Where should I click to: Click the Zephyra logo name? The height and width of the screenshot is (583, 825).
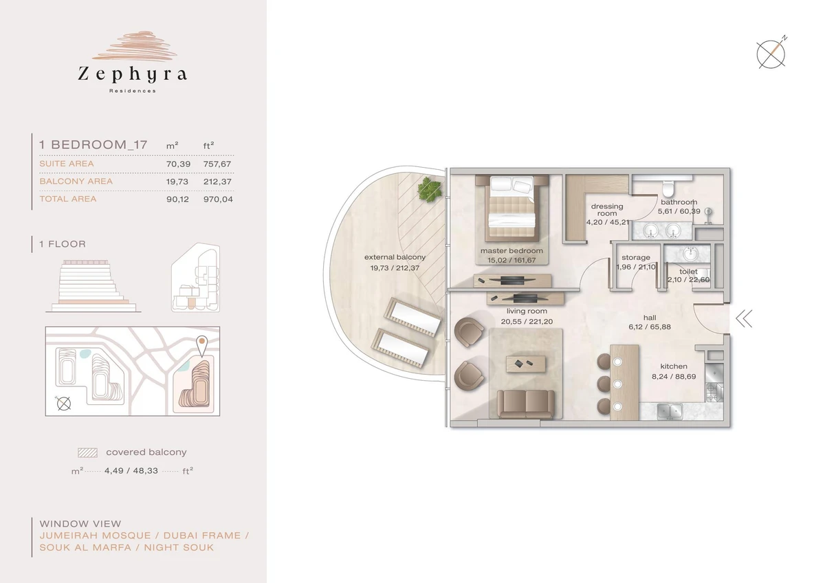[x=132, y=74]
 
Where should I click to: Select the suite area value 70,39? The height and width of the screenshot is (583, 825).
[x=178, y=164]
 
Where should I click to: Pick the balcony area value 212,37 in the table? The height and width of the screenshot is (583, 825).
[x=217, y=181]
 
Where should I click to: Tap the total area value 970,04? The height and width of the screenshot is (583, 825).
[x=218, y=199]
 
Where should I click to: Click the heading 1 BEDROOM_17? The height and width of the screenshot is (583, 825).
[x=93, y=145]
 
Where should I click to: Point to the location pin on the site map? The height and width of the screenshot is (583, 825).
[x=201, y=346]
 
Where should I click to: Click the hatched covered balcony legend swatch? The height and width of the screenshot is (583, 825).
[x=88, y=452]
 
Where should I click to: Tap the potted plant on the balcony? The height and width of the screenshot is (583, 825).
[x=430, y=189]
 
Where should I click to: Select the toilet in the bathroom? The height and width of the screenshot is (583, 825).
[x=668, y=188]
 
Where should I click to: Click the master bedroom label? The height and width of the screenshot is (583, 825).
[x=511, y=251]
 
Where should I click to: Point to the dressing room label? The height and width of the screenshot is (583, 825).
[x=607, y=210]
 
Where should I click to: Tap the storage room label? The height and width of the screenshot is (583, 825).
[x=636, y=257]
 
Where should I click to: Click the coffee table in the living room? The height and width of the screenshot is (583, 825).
[x=525, y=364]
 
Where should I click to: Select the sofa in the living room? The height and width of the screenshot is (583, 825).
[x=525, y=404]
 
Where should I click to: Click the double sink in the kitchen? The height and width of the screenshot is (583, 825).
[x=670, y=411]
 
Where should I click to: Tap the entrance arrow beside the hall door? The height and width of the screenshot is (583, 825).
[x=745, y=319]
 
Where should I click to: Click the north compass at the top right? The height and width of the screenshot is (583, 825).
[x=771, y=54]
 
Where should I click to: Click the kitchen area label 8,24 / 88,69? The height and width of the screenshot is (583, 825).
[x=674, y=377]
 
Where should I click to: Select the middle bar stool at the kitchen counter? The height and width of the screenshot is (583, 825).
[x=605, y=384]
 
